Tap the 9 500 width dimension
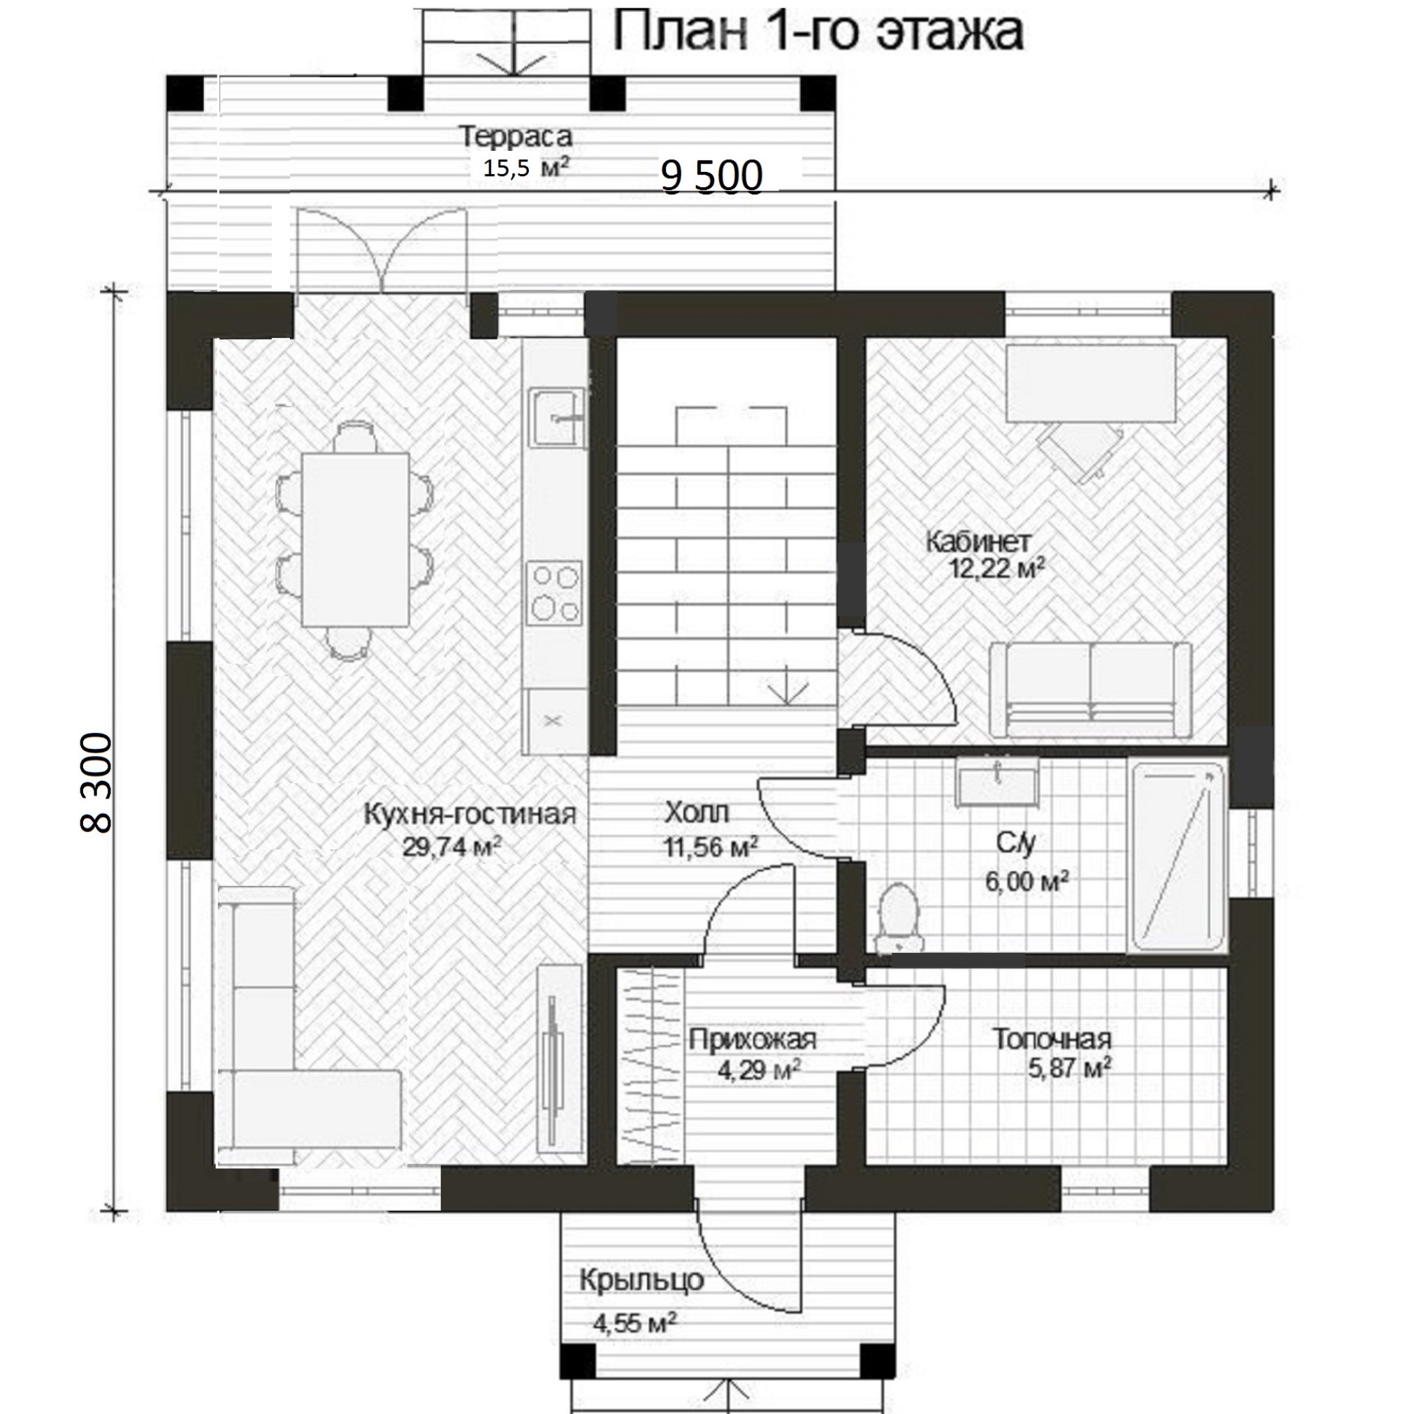(712, 177)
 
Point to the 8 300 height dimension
(96, 784)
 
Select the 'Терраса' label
(516, 137)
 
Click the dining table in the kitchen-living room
(355, 538)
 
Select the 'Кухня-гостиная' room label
(470, 815)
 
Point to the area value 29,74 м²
(452, 847)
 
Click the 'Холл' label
(697, 812)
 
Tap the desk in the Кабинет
(1091, 384)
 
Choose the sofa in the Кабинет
(1091, 689)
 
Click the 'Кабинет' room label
(978, 543)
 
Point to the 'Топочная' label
(1052, 1039)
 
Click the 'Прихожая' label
(753, 1039)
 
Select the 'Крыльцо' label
(641, 1280)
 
